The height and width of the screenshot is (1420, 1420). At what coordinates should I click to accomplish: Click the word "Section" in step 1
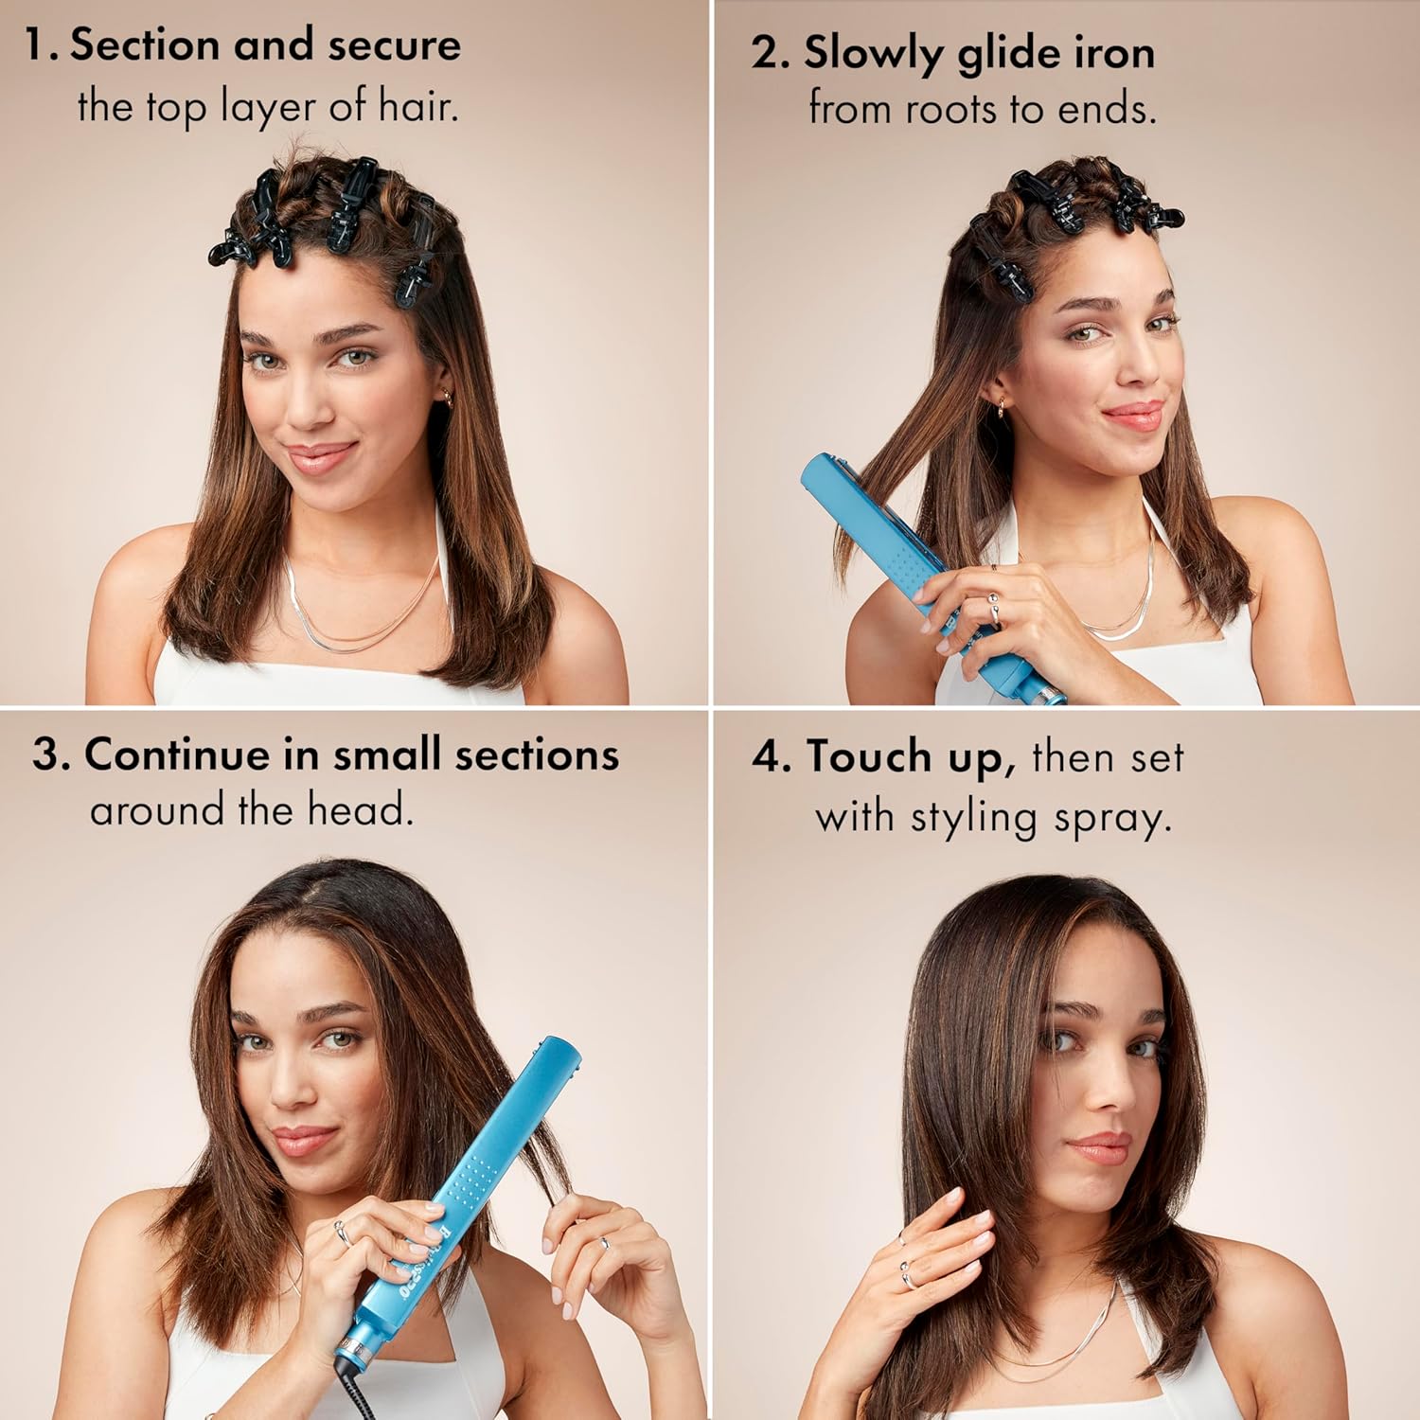[x=144, y=45]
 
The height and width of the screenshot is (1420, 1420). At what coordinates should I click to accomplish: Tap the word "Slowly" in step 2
[x=871, y=54]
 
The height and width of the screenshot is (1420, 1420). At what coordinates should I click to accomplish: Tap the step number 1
[x=36, y=45]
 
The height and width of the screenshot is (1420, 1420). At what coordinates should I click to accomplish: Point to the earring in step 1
[x=447, y=399]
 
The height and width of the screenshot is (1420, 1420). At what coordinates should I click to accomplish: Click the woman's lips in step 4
[x=1098, y=1148]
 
